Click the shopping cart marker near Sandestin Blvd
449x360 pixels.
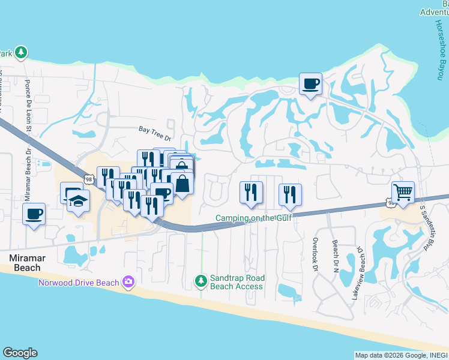403,193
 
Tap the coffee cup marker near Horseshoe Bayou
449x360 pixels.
310,84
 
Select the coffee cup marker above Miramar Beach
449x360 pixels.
34,214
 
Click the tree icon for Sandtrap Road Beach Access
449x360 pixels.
201,280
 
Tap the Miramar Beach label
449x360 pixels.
25,263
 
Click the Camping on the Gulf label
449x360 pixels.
254,218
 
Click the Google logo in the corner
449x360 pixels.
20,353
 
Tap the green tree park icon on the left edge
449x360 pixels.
21,53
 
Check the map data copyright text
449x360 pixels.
401,355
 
